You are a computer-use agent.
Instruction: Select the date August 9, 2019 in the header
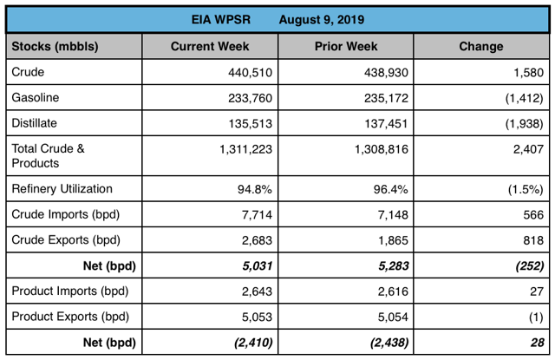click(x=322, y=19)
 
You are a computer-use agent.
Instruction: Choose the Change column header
click(x=480, y=45)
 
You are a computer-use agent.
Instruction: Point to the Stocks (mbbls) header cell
click(x=54, y=45)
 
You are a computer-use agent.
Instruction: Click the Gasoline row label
click(x=36, y=98)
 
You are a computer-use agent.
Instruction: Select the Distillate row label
click(x=36, y=123)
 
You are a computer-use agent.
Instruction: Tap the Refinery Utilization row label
click(x=62, y=188)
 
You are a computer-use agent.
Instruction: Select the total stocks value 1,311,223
click(x=243, y=149)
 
